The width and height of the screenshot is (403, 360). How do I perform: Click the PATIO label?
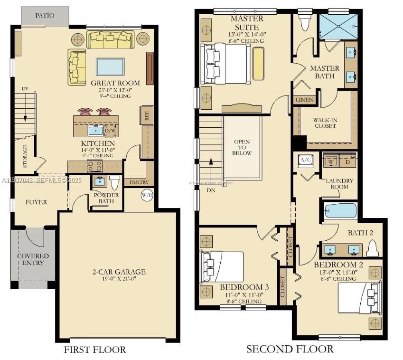(x=45, y=16)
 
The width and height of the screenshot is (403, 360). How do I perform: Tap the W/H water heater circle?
(x=147, y=195)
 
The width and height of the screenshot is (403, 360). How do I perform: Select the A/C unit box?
(x=305, y=160)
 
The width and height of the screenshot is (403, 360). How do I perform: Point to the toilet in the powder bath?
(x=114, y=182)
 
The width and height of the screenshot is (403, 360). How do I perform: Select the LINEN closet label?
(x=304, y=100)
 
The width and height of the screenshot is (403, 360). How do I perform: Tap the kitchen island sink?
(x=96, y=130)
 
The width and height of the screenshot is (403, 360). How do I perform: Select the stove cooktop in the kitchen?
(x=94, y=166)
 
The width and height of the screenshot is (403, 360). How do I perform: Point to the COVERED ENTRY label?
(x=33, y=259)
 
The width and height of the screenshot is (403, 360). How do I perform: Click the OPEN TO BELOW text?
(x=242, y=147)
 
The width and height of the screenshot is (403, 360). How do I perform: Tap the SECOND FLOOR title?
(x=290, y=349)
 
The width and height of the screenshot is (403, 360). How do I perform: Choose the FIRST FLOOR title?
(x=95, y=350)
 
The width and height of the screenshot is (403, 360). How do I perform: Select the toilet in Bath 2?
(x=373, y=247)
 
